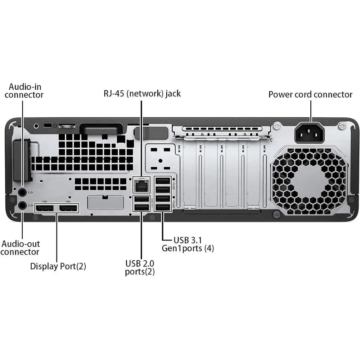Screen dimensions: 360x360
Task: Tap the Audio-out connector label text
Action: [20, 248]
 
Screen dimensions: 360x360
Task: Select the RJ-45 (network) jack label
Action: [141, 94]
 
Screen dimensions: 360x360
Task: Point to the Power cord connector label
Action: [310, 95]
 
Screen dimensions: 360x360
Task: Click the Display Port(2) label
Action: [58, 266]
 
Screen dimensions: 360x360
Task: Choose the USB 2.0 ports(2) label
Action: [140, 267]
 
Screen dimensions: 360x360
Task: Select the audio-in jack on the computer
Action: [22, 192]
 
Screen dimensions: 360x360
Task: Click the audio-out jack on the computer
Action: [22, 205]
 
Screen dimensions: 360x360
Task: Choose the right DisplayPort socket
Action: [68, 208]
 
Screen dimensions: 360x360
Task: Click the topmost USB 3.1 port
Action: [163, 180]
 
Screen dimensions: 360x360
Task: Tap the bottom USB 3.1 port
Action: [163, 207]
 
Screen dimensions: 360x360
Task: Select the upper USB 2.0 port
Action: [141, 199]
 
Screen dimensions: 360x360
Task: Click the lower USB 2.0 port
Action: [141, 207]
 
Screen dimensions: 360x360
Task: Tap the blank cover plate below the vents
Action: [105, 203]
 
